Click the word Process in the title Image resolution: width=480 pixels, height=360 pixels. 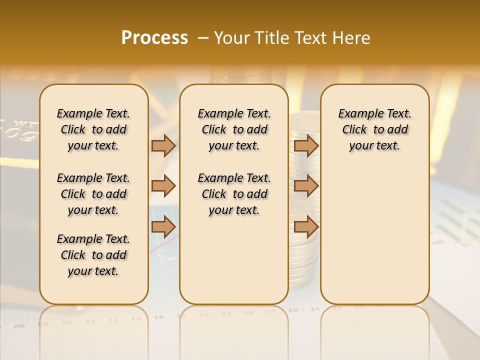(154, 37)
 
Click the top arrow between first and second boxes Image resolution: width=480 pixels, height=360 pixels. (163, 145)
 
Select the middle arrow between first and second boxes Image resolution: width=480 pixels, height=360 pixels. (163, 186)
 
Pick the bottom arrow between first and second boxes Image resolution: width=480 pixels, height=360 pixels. (163, 227)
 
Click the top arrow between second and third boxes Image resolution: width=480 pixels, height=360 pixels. (306, 145)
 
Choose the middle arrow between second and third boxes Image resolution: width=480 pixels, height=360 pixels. (306, 186)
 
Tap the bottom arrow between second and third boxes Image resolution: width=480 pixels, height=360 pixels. (306, 227)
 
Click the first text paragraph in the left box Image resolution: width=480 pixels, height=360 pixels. (93, 129)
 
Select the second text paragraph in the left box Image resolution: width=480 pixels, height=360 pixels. (93, 194)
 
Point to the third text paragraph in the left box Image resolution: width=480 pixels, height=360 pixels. (93, 255)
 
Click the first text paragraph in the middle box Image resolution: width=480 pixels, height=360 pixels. (234, 129)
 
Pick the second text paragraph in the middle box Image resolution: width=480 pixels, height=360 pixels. (234, 194)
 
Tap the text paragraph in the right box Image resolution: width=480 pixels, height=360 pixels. (375, 129)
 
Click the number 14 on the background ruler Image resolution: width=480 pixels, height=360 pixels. (159, 317)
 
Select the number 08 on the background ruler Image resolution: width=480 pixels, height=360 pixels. (20, 326)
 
